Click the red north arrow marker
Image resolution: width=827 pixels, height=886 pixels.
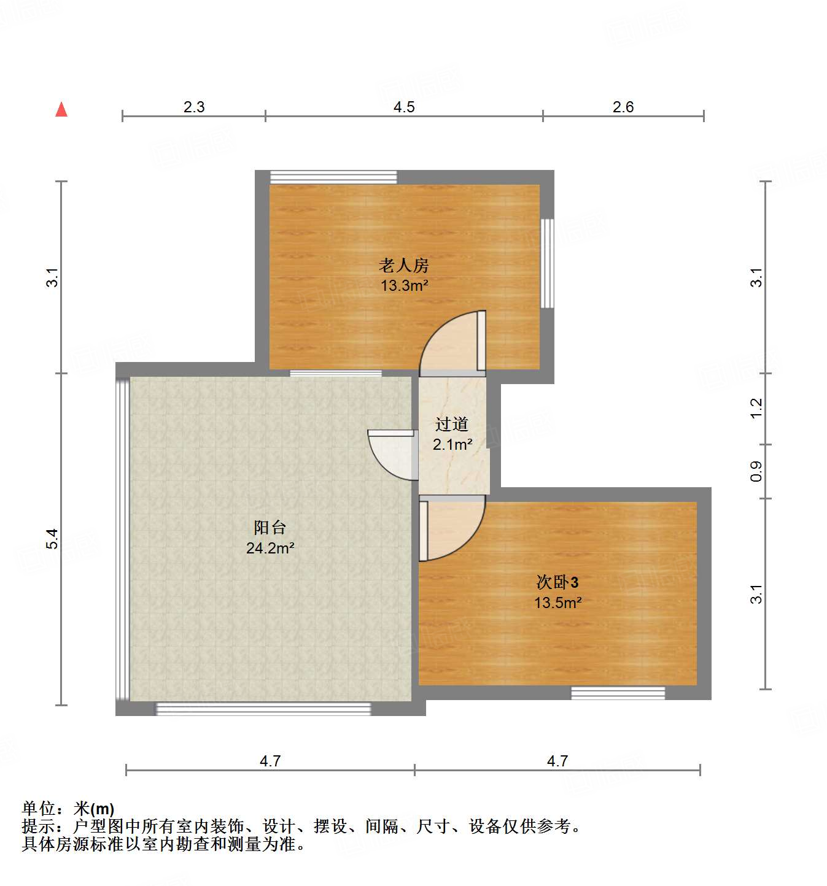[x=61, y=109]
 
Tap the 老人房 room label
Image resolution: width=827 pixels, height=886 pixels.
[x=403, y=266]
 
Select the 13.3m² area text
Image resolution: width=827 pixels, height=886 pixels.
[x=404, y=285]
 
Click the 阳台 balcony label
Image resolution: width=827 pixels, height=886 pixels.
[x=270, y=528]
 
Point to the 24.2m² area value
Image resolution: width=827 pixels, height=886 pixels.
[x=270, y=548]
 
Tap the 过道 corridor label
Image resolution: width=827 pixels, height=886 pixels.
[x=452, y=424]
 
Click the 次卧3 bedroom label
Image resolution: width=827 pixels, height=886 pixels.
[x=557, y=582]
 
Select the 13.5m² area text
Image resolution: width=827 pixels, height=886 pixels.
[x=557, y=603]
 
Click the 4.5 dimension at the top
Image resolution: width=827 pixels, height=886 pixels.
[x=404, y=107]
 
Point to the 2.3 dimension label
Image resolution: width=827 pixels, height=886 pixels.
[x=194, y=107]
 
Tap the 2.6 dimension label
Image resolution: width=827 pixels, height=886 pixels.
[x=623, y=107]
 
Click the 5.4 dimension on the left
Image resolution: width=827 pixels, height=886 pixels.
[x=53, y=539]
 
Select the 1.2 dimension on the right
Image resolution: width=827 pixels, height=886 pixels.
[x=756, y=408]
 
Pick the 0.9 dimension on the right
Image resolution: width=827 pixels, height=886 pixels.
[x=756, y=471]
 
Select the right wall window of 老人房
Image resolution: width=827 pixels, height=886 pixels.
[x=547, y=263]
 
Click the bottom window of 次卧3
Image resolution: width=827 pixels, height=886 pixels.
[x=618, y=693]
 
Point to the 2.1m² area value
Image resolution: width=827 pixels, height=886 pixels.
[x=452, y=445]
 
